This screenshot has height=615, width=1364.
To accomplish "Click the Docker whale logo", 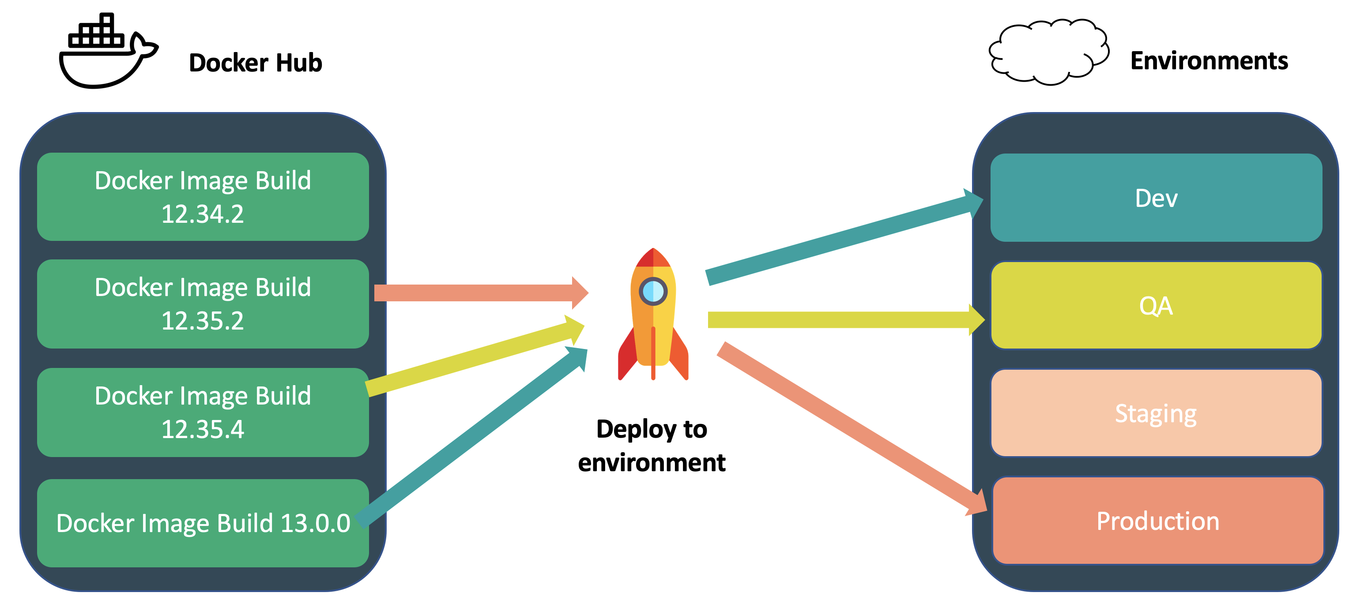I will [x=106, y=53].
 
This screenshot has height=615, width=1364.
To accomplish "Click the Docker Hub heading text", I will [x=255, y=63].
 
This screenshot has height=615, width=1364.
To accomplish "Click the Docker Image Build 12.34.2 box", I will [x=203, y=196].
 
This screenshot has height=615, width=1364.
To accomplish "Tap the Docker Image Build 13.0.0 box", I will [x=203, y=523].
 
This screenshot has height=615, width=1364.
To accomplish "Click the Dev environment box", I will [x=1156, y=198].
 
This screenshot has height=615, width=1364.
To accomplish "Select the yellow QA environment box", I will [x=1156, y=305].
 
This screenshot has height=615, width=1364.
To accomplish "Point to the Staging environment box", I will [x=1156, y=413].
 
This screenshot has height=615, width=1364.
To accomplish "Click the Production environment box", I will [x=1157, y=521].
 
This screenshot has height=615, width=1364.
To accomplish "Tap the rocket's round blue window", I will [x=653, y=291].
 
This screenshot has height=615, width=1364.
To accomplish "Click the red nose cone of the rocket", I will [x=653, y=258].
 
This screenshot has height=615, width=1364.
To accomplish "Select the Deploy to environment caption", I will [x=652, y=445].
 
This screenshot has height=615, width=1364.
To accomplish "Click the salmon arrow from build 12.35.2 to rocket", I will [x=477, y=292].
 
